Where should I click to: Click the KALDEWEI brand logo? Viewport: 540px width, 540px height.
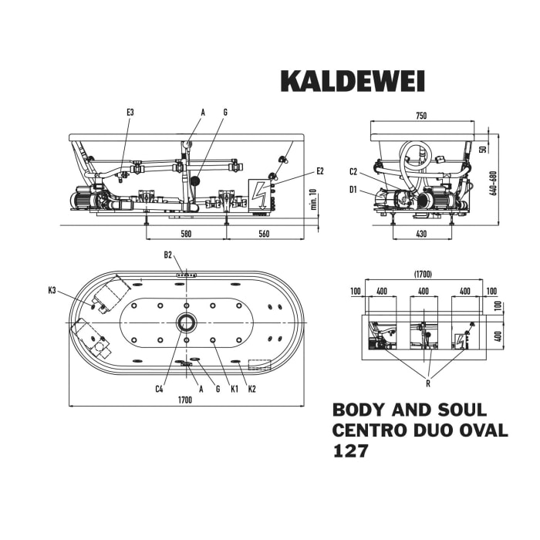tap(352, 81)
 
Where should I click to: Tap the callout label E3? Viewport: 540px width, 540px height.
tap(130, 113)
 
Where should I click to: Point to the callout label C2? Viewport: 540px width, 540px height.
tap(353, 171)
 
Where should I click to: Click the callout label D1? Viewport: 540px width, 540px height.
tap(353, 188)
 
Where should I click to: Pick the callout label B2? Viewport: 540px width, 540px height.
tap(168, 255)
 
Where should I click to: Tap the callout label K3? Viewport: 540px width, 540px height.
tap(52, 290)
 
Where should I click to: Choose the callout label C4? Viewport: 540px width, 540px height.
tap(159, 389)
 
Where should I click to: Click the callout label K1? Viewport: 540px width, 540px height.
tap(234, 389)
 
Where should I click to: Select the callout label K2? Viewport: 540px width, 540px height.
tap(251, 389)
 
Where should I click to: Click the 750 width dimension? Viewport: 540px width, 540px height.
tap(421, 116)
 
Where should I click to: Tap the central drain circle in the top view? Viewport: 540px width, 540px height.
tap(186, 322)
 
